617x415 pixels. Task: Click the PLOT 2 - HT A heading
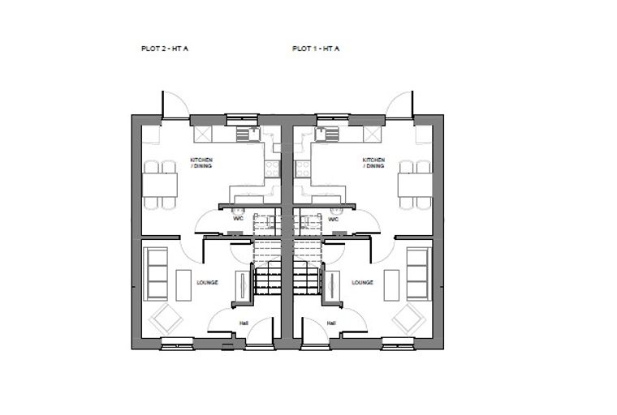click(x=165, y=49)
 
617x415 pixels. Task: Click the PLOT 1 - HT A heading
click(x=316, y=49)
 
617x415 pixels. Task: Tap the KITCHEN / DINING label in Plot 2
click(x=201, y=163)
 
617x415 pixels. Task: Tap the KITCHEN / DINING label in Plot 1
click(x=373, y=163)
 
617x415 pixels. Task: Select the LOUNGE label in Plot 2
click(x=207, y=282)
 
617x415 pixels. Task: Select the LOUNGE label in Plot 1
click(x=362, y=282)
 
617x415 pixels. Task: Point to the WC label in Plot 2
click(x=238, y=219)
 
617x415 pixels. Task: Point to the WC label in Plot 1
click(x=334, y=219)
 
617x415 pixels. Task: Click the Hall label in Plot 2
click(x=244, y=323)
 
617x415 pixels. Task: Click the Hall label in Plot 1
click(x=331, y=323)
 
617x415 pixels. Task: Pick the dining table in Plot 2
click(x=159, y=185)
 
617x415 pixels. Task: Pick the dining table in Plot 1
click(x=415, y=185)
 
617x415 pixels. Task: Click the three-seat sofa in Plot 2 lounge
click(x=156, y=274)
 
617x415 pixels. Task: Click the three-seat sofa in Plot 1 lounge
click(x=420, y=274)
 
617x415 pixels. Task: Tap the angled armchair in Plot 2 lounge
click(x=166, y=319)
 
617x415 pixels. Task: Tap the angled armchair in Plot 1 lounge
click(x=409, y=319)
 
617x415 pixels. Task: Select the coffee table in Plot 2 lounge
click(x=183, y=285)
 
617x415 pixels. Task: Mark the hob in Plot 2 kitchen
click(x=272, y=169)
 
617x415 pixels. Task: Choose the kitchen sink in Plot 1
click(x=326, y=134)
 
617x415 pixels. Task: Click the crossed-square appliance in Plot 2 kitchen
click(x=203, y=135)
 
